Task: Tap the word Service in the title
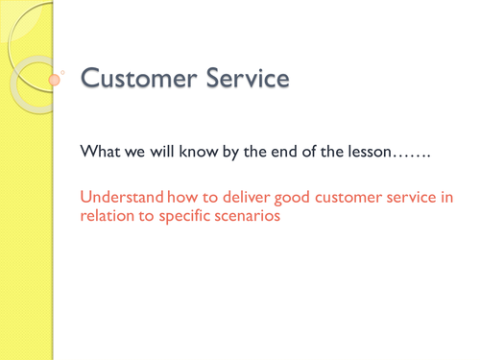[x=244, y=78]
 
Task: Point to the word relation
[x=108, y=216]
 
